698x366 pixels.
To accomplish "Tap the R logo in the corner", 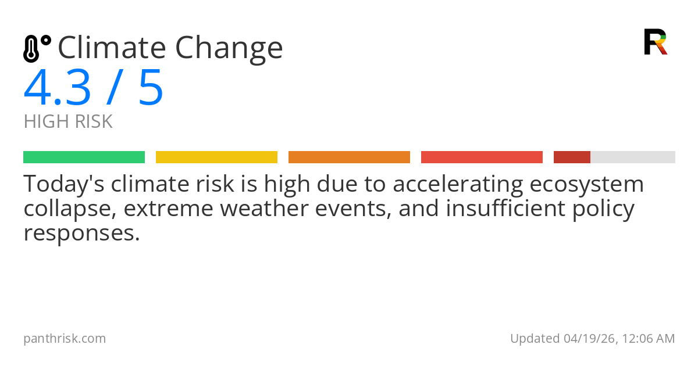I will (x=655, y=42).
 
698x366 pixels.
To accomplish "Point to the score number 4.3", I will (x=58, y=88).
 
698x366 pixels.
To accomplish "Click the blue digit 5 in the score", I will (x=151, y=88).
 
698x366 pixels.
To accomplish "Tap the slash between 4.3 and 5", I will (x=113, y=88).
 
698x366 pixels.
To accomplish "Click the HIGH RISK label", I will (x=68, y=122).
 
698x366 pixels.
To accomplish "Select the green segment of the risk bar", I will (x=84, y=157).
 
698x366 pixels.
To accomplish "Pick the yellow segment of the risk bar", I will (x=216, y=157).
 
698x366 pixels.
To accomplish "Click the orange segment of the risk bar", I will (x=349, y=157).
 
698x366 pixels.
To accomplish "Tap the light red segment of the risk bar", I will (x=482, y=157).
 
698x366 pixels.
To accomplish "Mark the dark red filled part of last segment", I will (x=572, y=157).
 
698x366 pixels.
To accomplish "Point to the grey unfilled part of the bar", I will (x=633, y=157).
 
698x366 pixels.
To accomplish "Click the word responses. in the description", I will (x=82, y=233).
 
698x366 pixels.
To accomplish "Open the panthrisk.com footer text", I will (x=65, y=339).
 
